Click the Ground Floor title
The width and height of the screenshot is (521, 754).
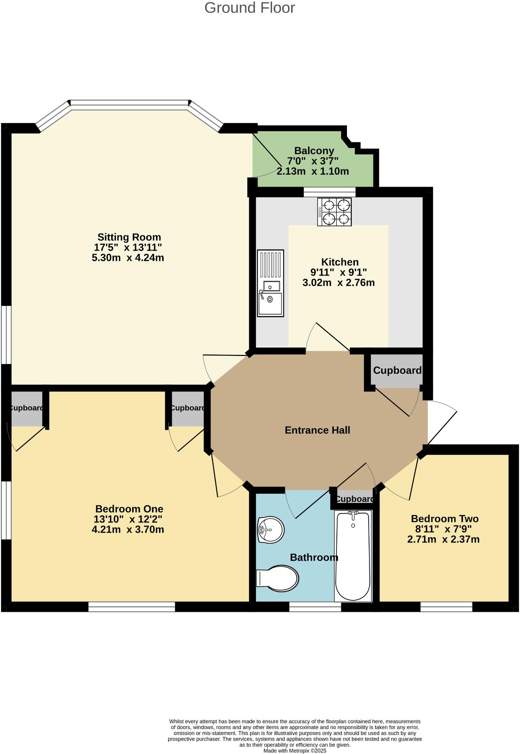point(250,8)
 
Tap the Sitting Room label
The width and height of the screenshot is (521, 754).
point(129,237)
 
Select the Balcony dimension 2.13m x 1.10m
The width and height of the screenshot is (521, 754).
point(313,171)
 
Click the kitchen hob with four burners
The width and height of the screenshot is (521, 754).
point(335,212)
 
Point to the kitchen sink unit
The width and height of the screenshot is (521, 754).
point(270,283)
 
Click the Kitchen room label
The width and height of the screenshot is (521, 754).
point(340,262)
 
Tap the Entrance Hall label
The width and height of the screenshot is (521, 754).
point(317,430)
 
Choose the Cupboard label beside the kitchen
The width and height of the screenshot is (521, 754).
point(397,370)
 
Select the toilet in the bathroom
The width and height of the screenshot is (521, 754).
point(279,578)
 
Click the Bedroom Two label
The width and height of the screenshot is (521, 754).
point(445,519)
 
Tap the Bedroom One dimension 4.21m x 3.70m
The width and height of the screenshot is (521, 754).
point(128,530)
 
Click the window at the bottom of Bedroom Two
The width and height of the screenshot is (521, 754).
point(446,607)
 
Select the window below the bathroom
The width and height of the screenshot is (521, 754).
point(315,607)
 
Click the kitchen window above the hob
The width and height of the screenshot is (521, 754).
point(329,192)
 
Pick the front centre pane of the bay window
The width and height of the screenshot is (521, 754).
point(130,105)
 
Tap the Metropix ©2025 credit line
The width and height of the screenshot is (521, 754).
point(295,751)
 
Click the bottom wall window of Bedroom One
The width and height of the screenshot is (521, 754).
point(131,607)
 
